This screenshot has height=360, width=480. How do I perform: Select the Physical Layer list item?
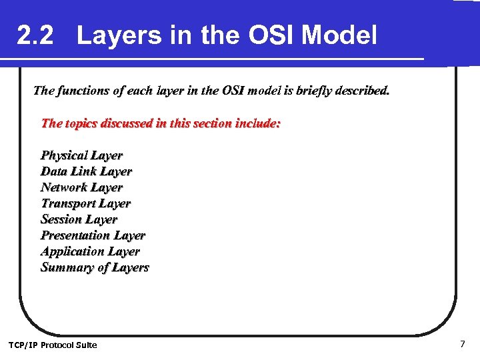[81, 155]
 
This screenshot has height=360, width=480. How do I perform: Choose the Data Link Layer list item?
[86, 171]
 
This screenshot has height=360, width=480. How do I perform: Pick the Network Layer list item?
[81, 187]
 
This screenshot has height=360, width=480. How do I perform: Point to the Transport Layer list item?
[85, 203]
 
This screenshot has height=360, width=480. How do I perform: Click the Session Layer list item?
[79, 219]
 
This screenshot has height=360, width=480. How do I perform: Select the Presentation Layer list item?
[93, 235]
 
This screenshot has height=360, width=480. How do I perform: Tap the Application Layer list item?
[90, 251]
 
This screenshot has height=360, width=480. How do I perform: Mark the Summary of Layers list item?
[95, 267]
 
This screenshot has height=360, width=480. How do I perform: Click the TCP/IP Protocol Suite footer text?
[52, 345]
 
